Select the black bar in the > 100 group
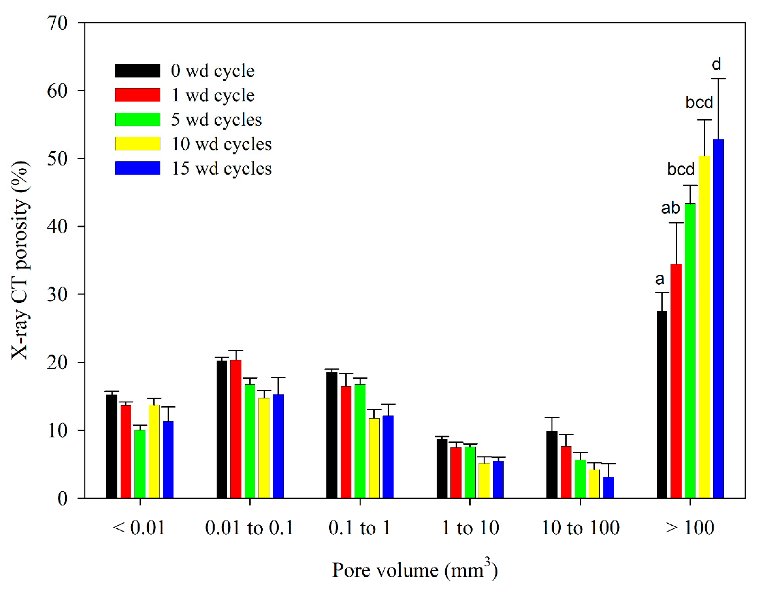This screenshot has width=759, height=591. (x=662, y=404)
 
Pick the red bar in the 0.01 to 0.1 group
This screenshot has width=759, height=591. (x=236, y=429)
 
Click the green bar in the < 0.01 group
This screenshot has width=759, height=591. (x=140, y=464)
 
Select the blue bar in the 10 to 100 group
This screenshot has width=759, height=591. (x=608, y=487)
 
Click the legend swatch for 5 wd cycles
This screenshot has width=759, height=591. (x=138, y=119)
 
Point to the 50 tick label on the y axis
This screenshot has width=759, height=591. (x=57, y=159)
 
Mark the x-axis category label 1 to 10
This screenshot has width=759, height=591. (x=470, y=528)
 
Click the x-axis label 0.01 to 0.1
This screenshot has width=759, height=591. (x=249, y=528)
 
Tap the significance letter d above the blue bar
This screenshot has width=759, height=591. (x=716, y=64)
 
